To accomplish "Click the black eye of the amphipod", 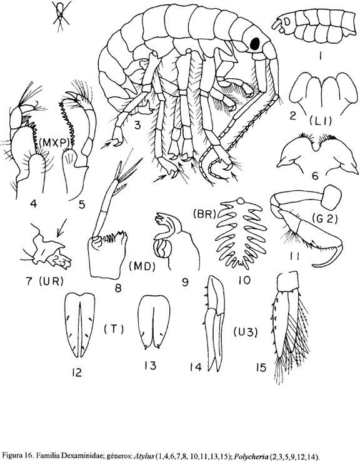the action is coord(254,44).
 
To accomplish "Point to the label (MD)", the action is coord(142,266).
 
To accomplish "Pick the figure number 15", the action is coord(261,367).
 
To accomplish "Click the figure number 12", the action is coord(76,373).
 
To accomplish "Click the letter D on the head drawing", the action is coord(287,21).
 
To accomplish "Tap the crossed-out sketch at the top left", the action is coord(61,15).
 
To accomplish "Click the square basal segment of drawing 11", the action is coord(332,196).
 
